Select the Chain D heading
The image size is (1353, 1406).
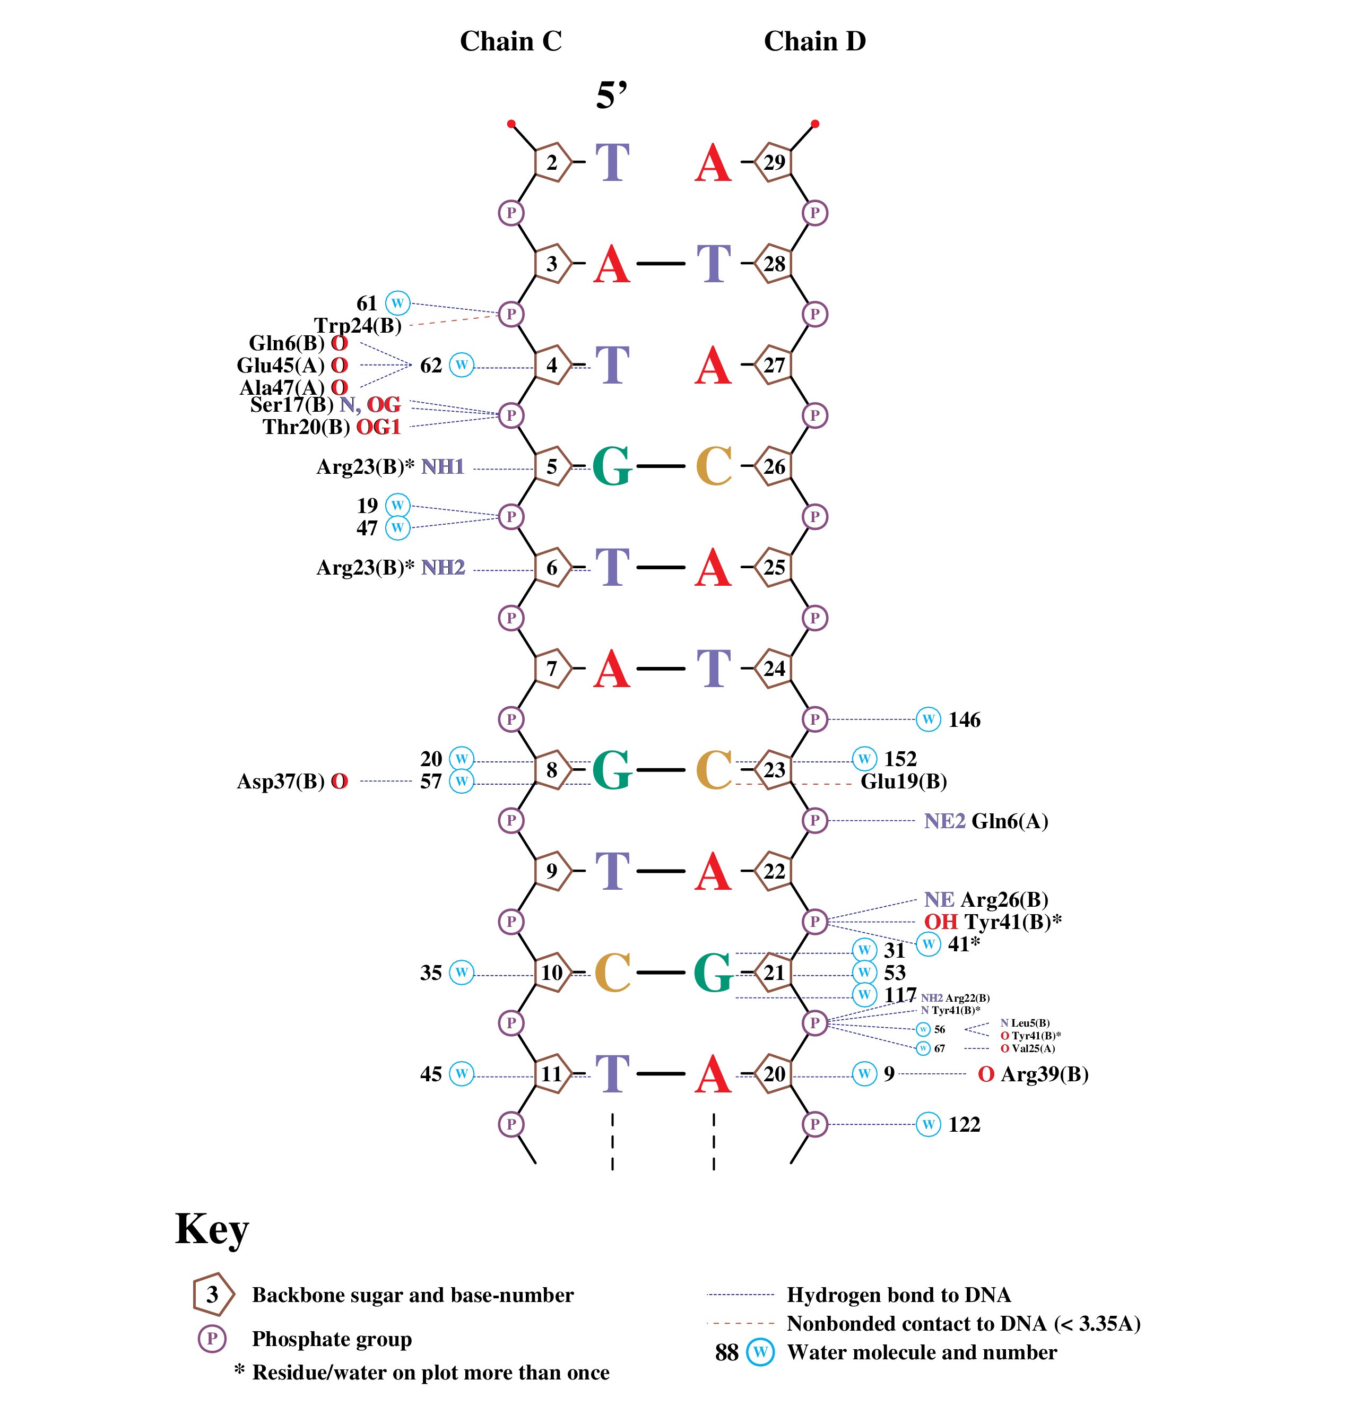point(814,41)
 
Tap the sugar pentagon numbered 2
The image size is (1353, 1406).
point(552,163)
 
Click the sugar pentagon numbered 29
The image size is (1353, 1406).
point(774,163)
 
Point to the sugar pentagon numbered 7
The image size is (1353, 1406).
point(552,669)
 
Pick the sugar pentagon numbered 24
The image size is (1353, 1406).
point(774,669)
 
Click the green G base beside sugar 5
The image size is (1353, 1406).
point(612,467)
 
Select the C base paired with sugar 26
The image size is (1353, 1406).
point(714,467)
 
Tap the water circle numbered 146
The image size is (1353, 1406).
point(929,719)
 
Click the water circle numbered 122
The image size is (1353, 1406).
point(929,1124)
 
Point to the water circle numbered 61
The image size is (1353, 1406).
point(397,303)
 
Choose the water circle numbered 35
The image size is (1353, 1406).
point(461,973)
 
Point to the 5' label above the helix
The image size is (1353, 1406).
point(611,96)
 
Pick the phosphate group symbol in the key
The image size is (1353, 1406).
point(212,1339)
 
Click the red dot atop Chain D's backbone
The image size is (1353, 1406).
point(815,124)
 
